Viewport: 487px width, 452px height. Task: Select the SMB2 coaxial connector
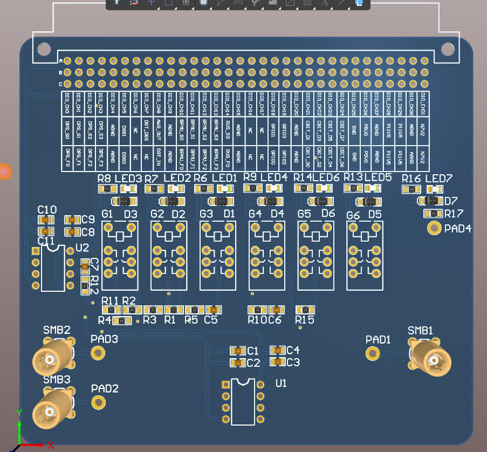tap(52, 359)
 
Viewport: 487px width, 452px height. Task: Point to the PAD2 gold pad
tap(98, 402)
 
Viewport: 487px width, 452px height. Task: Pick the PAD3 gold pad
tap(98, 353)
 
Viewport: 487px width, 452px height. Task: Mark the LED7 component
tap(435, 189)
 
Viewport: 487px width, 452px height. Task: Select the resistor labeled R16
tap(411, 189)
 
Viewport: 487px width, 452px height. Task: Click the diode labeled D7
tap(430, 201)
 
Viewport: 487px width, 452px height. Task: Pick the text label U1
tap(281, 383)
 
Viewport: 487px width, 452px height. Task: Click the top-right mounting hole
tap(448, 50)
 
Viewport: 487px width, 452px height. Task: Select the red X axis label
tap(51, 445)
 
